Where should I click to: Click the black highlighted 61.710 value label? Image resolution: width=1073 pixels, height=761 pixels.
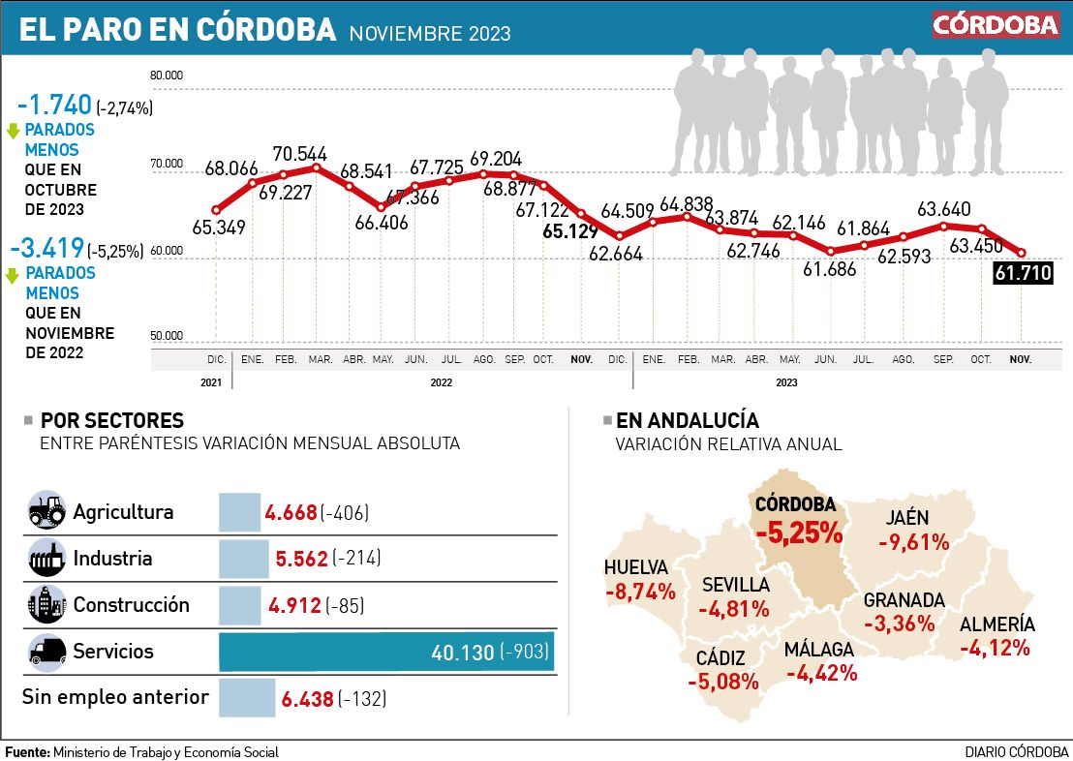click(x=1023, y=274)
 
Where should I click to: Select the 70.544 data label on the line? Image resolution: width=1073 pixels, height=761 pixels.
click(x=299, y=153)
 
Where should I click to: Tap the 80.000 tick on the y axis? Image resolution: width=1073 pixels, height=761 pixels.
click(x=168, y=75)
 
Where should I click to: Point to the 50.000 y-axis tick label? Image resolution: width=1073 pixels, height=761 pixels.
click(x=168, y=336)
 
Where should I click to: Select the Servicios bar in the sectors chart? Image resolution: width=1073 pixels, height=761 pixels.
click(x=386, y=652)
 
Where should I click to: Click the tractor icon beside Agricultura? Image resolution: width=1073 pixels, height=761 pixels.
click(x=46, y=511)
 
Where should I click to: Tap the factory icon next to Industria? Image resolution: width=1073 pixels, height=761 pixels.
click(x=46, y=558)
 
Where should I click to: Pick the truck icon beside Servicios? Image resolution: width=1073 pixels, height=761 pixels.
click(x=46, y=651)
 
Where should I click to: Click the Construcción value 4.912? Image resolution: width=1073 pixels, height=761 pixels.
click(x=295, y=605)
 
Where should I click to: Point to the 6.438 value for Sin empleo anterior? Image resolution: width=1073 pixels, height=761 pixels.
click(x=306, y=698)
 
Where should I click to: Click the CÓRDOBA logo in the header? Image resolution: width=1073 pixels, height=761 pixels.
click(x=996, y=25)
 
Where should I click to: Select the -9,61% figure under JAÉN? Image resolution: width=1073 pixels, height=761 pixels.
click(x=913, y=542)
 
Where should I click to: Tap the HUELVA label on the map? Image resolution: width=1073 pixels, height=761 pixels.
click(x=635, y=568)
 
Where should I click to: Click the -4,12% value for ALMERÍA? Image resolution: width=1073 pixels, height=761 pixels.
click(x=994, y=648)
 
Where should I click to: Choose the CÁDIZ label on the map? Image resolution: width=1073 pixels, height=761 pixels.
click(x=720, y=658)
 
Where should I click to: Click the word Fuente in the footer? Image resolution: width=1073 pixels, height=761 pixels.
click(x=26, y=752)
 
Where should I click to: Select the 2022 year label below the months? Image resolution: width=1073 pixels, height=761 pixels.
click(x=441, y=382)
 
